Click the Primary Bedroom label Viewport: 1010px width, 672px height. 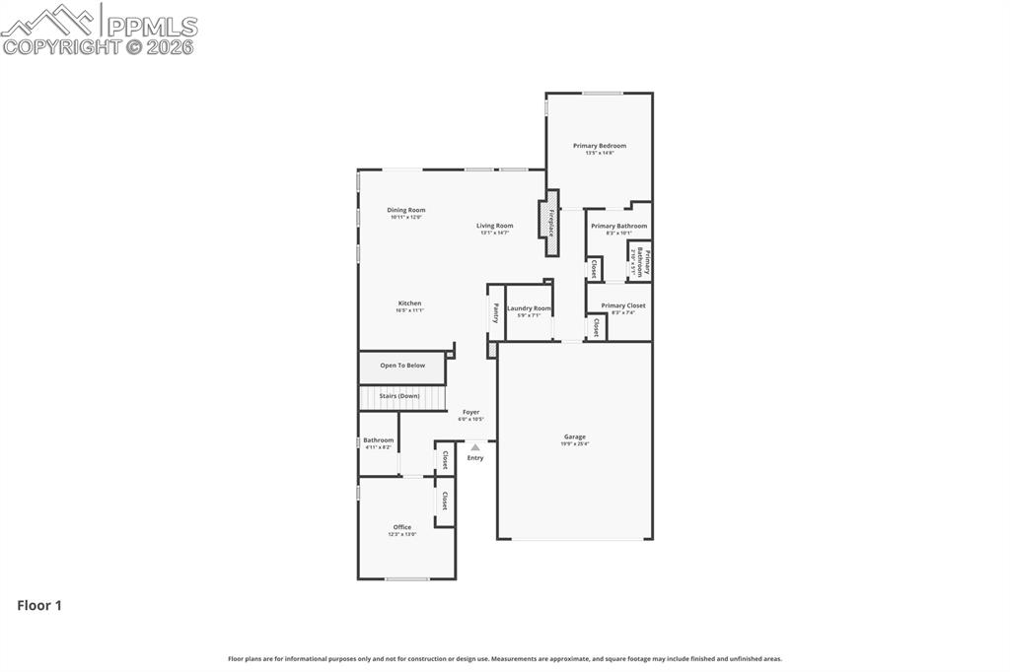tap(600, 146)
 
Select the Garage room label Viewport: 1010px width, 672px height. tap(574, 437)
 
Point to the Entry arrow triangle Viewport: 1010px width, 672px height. tap(475, 446)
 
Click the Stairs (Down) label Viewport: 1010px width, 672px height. tap(399, 396)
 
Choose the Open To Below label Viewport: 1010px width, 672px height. tap(402, 366)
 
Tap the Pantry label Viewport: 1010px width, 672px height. tap(495, 312)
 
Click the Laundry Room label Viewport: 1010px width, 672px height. tap(529, 308)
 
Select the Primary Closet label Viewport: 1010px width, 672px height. tap(623, 305)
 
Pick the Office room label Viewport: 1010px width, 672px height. tap(402, 527)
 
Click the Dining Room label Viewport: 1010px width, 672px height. tap(405, 210)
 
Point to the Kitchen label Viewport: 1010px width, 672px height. tap(409, 303)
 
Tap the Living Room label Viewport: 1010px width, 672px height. tap(495, 226)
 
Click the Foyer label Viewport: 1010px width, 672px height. tap(470, 412)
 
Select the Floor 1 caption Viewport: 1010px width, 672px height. tap(39, 606)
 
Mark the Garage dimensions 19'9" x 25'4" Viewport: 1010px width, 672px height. tap(574, 444)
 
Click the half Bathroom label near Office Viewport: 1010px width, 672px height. tap(378, 440)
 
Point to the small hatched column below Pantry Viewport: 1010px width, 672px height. tap(492, 350)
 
